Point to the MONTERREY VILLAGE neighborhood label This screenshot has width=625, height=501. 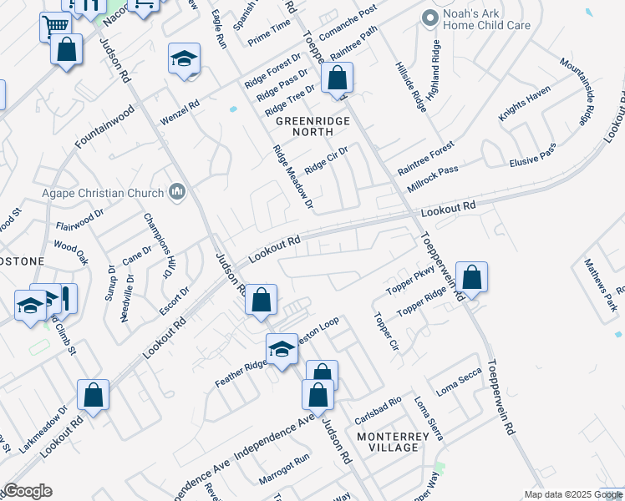point(387,442)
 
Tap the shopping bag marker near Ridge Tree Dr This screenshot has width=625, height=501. point(337,79)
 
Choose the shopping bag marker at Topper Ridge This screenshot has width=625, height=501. point(471,278)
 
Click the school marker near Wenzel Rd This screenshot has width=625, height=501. point(184,59)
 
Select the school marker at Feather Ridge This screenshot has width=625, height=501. point(282,350)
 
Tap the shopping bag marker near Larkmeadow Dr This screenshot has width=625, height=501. point(94,395)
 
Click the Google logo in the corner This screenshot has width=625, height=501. point(28,492)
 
